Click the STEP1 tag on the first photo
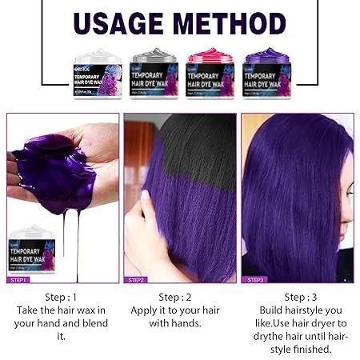pos(19,279)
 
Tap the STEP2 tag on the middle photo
pos(135,279)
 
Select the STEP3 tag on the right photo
pos(255,279)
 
